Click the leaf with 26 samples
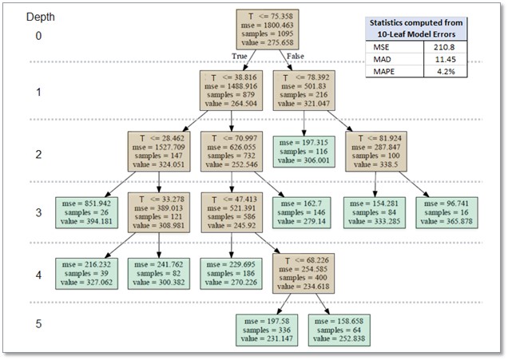click(x=85, y=212)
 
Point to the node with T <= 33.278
click(x=159, y=212)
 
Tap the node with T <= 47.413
click(x=232, y=212)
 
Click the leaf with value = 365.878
click(x=448, y=212)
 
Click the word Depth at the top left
click(x=40, y=17)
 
